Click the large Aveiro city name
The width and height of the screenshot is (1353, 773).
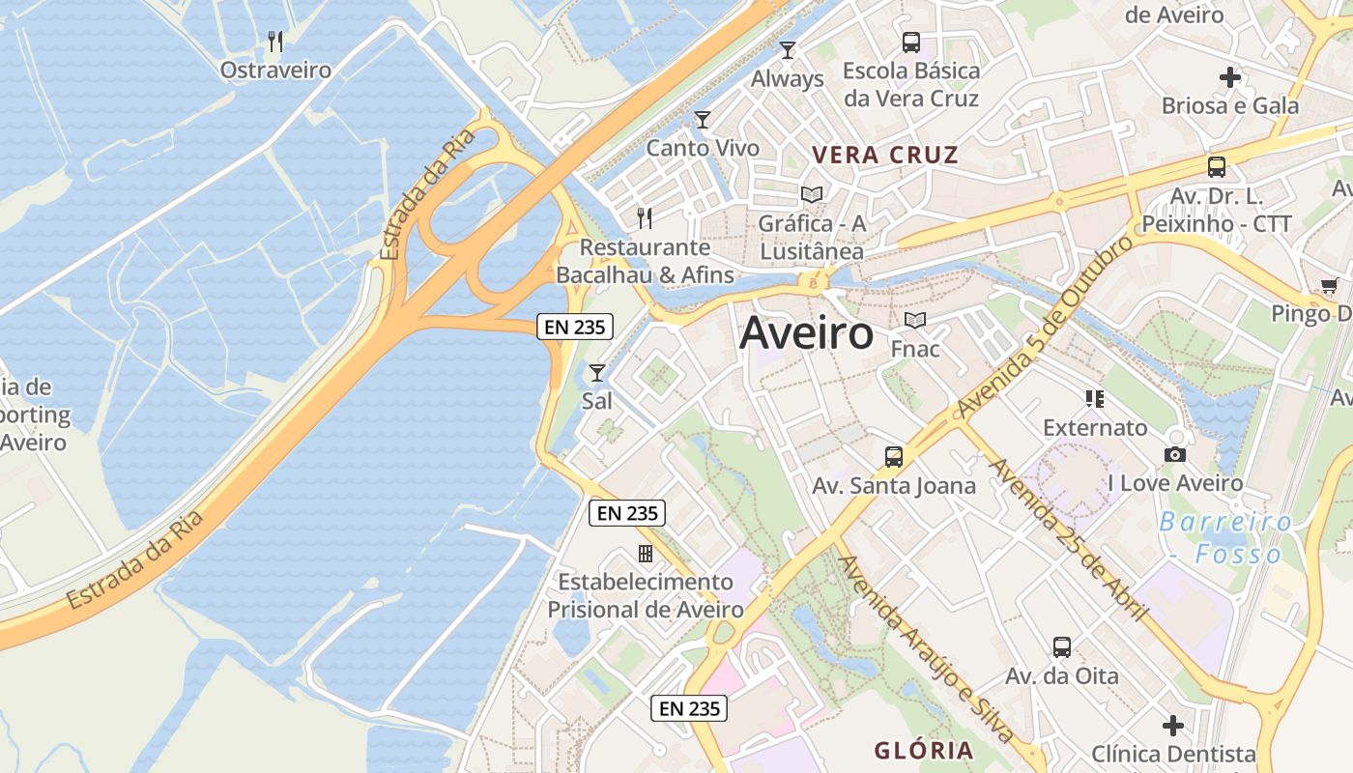pyautogui.click(x=806, y=334)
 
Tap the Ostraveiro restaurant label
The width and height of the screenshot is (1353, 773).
pyautogui.click(x=275, y=71)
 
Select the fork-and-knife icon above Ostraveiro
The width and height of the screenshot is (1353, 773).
pyautogui.click(x=275, y=41)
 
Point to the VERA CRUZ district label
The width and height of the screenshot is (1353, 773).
pyautogui.click(x=885, y=155)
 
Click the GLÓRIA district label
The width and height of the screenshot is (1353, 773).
pyautogui.click(x=924, y=750)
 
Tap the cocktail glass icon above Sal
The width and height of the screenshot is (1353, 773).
pyautogui.click(x=597, y=372)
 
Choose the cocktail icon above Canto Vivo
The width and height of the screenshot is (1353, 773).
pyautogui.click(x=703, y=120)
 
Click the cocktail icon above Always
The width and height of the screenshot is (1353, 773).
pyautogui.click(x=788, y=49)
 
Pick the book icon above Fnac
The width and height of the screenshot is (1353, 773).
pyautogui.click(x=914, y=320)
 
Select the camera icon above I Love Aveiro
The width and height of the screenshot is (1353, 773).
pyautogui.click(x=1175, y=454)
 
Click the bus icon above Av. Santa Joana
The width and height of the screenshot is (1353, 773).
pyautogui.click(x=894, y=457)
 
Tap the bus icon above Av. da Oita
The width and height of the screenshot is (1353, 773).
pyautogui.click(x=1062, y=647)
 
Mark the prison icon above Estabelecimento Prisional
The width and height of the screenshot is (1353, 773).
pyautogui.click(x=646, y=554)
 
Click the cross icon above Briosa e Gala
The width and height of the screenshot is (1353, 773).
pyautogui.click(x=1230, y=76)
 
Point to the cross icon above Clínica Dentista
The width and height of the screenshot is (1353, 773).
pyautogui.click(x=1173, y=725)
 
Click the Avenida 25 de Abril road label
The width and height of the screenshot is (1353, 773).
pyautogui.click(x=1069, y=540)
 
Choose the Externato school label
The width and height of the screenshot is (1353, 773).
pyautogui.click(x=1095, y=427)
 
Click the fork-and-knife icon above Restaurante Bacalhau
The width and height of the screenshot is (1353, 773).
pyautogui.click(x=645, y=217)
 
